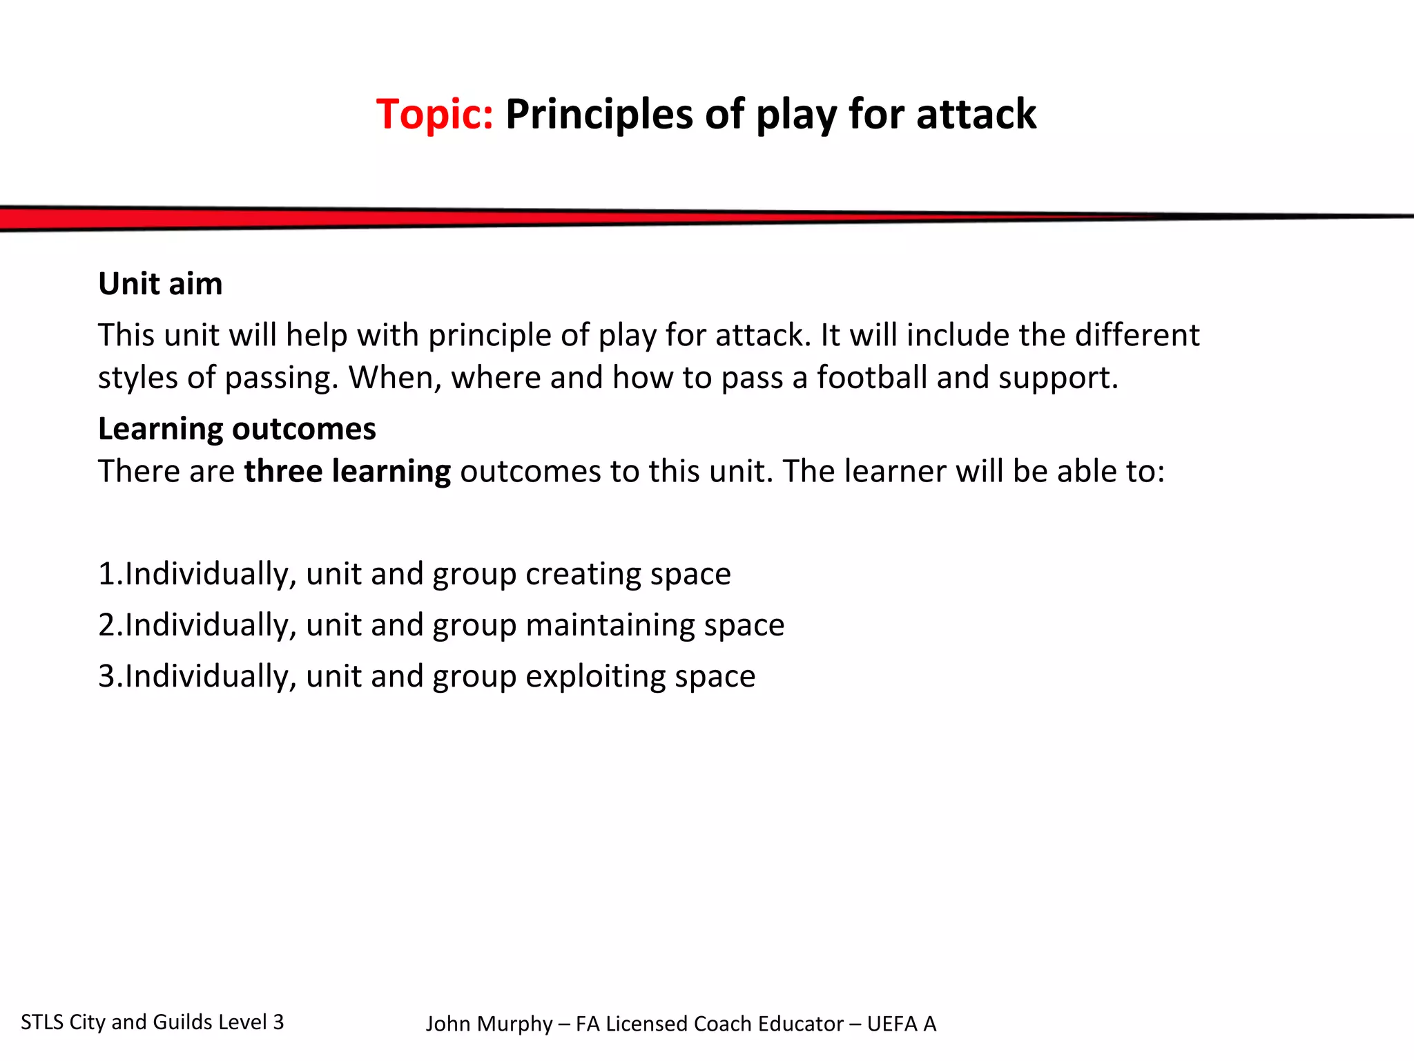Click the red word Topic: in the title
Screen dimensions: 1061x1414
(434, 114)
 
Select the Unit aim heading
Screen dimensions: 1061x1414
(160, 284)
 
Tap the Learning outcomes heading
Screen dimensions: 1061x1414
(237, 429)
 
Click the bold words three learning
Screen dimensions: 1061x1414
(347, 471)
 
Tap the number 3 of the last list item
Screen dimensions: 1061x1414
(106, 676)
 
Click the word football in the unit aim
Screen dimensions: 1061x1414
(871, 378)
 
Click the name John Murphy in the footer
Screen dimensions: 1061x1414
(489, 1024)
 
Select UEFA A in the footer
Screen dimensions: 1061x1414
(901, 1024)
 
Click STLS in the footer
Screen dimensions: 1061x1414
(41, 1022)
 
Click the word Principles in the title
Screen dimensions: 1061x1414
(599, 114)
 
